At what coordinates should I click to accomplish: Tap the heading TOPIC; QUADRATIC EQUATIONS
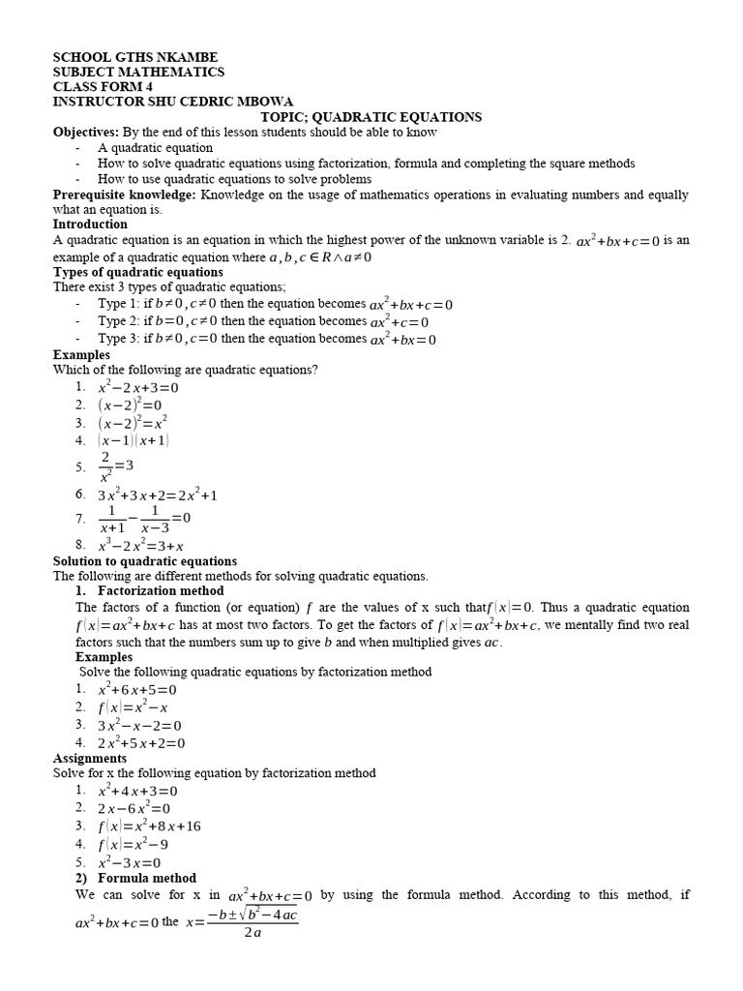coord(371,117)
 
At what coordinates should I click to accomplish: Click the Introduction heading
coord(90,225)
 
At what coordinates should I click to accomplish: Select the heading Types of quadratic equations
coord(137,272)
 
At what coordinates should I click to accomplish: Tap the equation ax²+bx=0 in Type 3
coord(403,339)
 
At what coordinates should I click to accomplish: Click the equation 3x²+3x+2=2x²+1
coord(158,495)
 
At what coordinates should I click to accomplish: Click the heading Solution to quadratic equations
coord(144,561)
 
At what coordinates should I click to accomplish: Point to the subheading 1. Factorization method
coord(139,590)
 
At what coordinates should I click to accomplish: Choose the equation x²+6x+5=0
coord(138,690)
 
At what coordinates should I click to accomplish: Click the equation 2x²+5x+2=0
coord(141,742)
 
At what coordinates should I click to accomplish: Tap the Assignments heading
coord(89,759)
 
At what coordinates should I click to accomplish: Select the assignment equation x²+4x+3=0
coord(138,791)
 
